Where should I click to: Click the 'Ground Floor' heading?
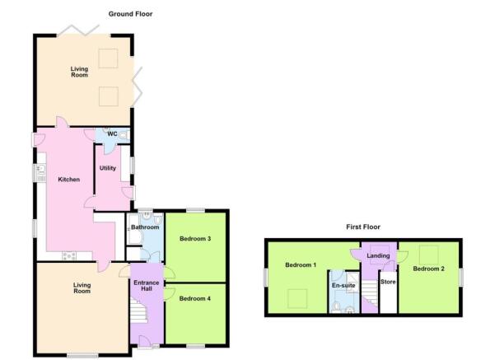click(130, 14)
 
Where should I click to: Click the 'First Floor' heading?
click(363, 227)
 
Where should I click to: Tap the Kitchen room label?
click(69, 180)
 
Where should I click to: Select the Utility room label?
click(108, 168)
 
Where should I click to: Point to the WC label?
click(112, 134)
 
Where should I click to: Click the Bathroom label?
click(145, 227)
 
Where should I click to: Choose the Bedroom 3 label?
click(195, 239)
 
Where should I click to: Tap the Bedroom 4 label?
click(194, 298)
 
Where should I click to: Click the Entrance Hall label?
click(146, 286)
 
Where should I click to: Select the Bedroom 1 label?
click(301, 265)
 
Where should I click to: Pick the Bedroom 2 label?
click(429, 269)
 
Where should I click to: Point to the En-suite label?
click(343, 286)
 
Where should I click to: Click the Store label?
click(388, 282)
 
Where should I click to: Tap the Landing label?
click(378, 255)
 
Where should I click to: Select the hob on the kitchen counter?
click(69, 255)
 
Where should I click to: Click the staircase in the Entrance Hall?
click(139, 311)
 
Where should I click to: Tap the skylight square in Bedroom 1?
click(297, 299)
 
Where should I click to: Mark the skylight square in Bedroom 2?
click(429, 255)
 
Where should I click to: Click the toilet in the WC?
click(124, 135)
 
